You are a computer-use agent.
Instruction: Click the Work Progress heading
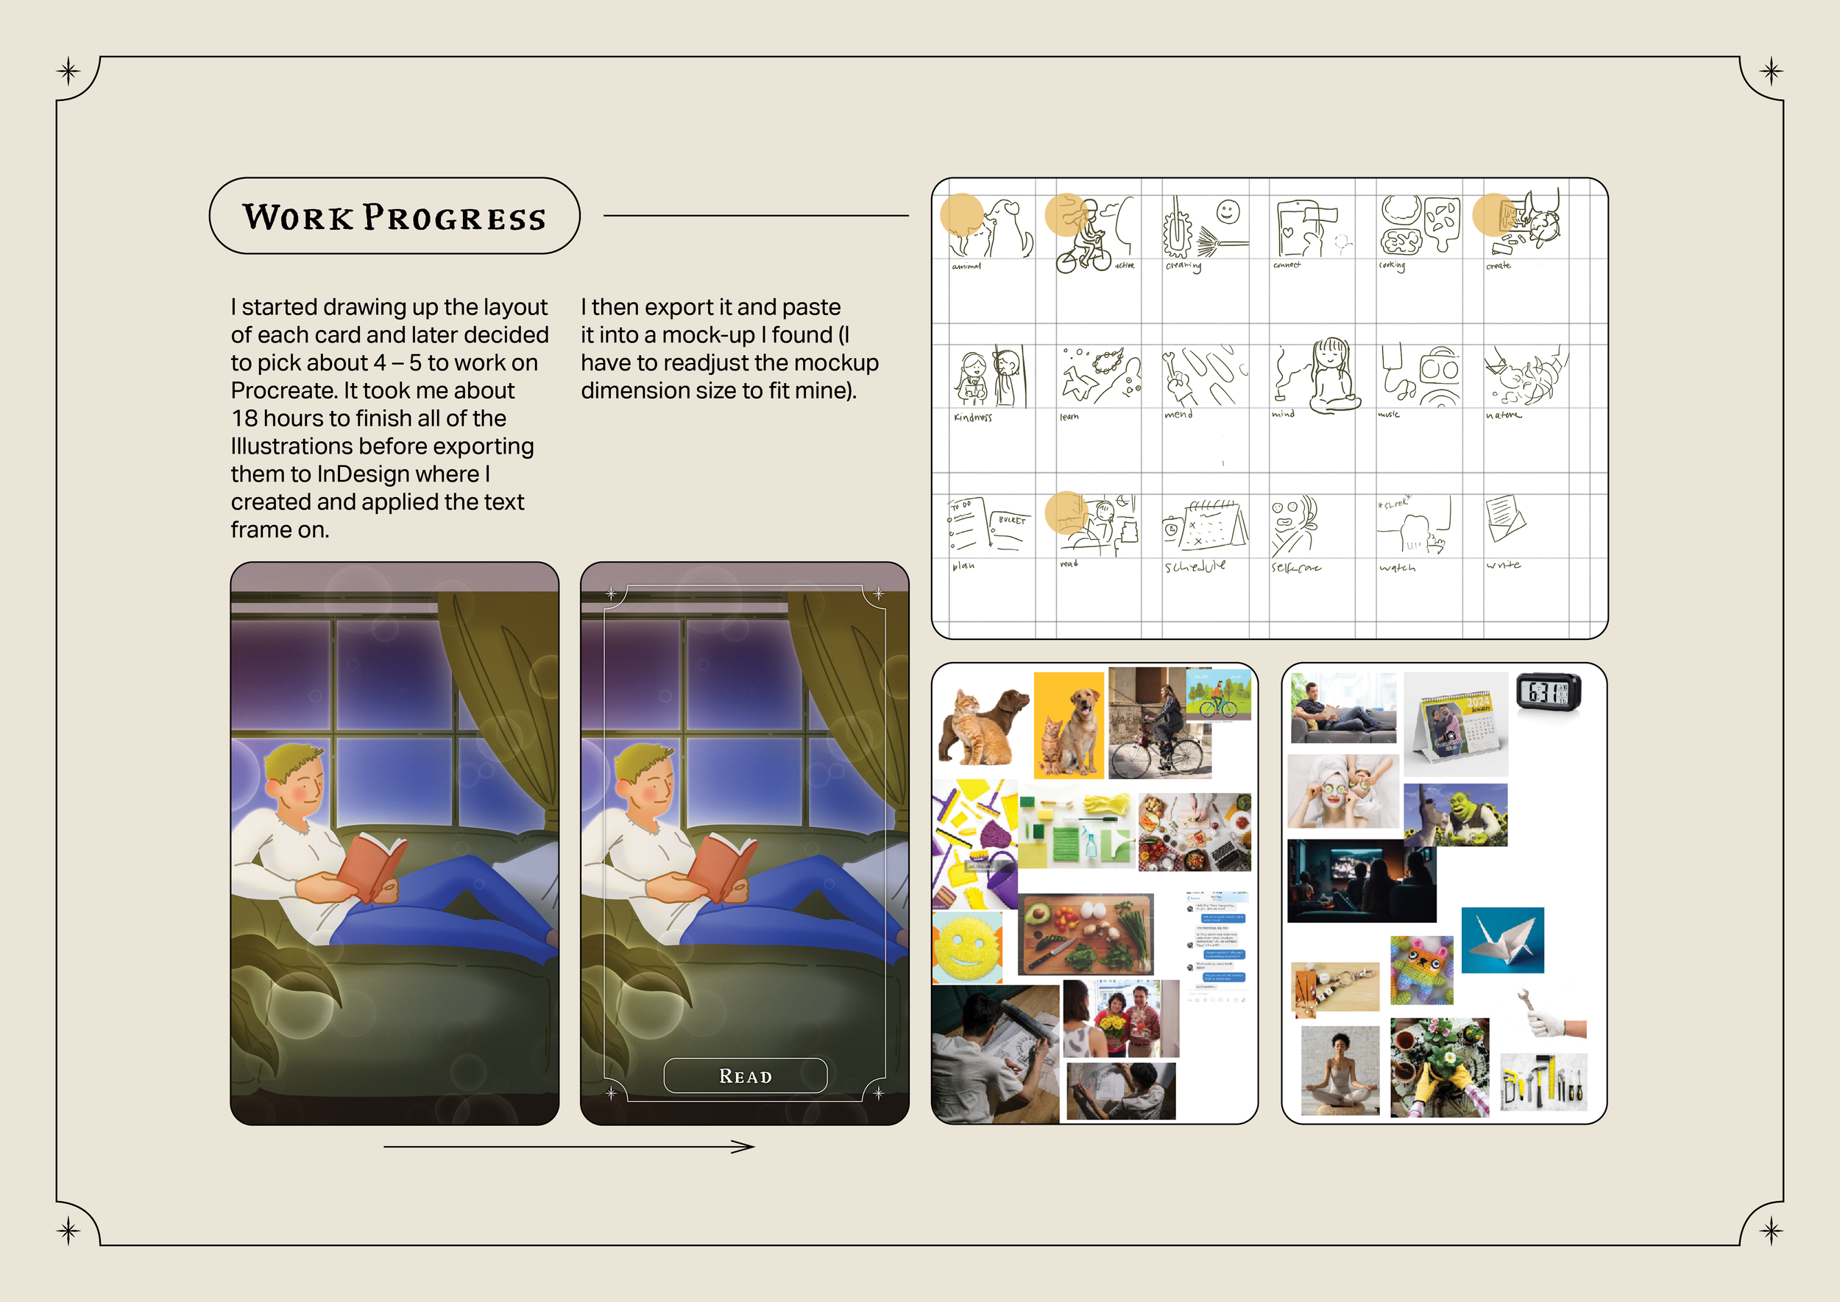pyautogui.click(x=394, y=217)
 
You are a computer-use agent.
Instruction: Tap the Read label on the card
pyautogui.click(x=746, y=1076)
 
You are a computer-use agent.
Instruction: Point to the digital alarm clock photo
pyautogui.click(x=1549, y=692)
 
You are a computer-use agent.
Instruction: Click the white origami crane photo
pyautogui.click(x=1503, y=940)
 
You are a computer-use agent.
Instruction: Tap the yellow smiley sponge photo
pyautogui.click(x=967, y=946)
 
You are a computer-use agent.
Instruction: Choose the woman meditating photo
pyautogui.click(x=1340, y=1070)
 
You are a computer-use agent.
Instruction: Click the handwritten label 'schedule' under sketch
pyautogui.click(x=1195, y=566)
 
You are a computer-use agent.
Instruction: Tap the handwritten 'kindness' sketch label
pyautogui.click(x=972, y=417)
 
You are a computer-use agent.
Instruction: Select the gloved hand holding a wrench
pyautogui.click(x=1552, y=1016)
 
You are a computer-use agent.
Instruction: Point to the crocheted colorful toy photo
pyautogui.click(x=1422, y=969)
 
